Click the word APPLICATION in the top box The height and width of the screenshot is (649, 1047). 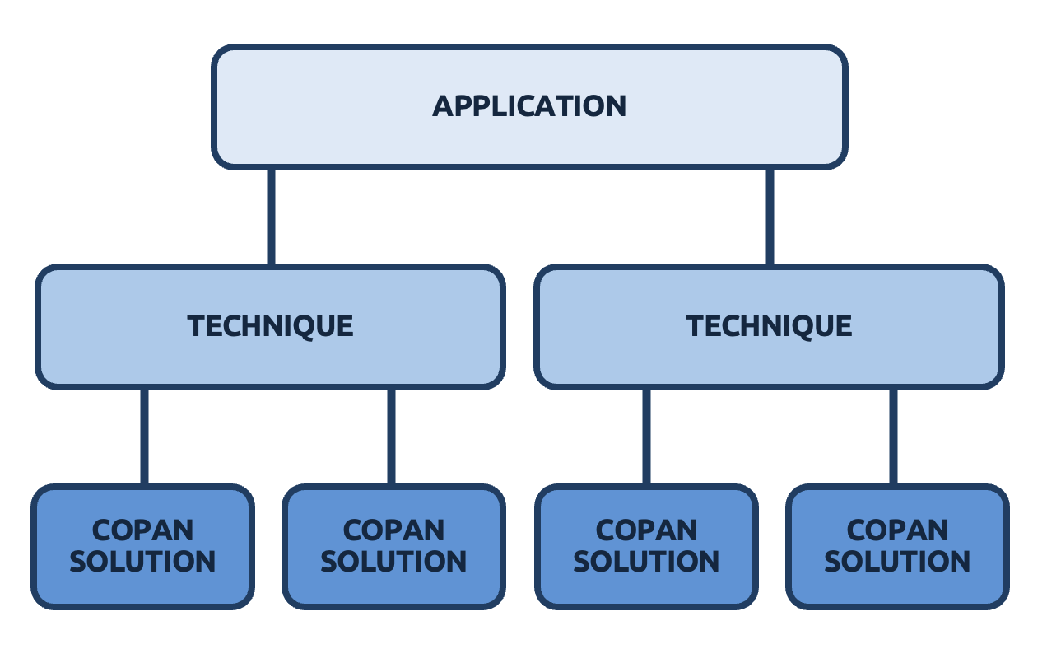pos(529,106)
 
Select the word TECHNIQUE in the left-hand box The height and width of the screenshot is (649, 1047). pos(271,326)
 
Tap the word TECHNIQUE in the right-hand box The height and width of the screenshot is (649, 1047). pos(769,326)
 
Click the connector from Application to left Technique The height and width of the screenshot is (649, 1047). pos(271,217)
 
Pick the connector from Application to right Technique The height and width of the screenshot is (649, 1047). pos(770,217)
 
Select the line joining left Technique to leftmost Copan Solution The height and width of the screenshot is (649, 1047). pos(144,437)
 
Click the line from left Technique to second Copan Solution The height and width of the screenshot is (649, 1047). pos(391,437)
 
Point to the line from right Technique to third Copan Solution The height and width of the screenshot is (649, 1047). pos(646,437)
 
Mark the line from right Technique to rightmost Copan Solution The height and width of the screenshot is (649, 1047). pos(894,437)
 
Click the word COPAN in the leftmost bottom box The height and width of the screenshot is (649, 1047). pos(142,530)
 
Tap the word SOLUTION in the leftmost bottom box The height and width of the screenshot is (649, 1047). pos(142,562)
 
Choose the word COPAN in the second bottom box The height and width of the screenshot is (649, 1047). pos(393,530)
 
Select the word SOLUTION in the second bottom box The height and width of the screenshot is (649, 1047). pos(393,562)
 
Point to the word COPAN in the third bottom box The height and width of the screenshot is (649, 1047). pos(646,530)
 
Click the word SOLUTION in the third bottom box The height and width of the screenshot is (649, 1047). pos(646,562)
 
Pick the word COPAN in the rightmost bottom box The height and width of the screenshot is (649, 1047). pos(897,530)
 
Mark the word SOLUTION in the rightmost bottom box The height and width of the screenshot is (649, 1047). pos(897,562)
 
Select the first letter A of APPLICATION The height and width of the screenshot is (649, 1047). pos(444,106)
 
